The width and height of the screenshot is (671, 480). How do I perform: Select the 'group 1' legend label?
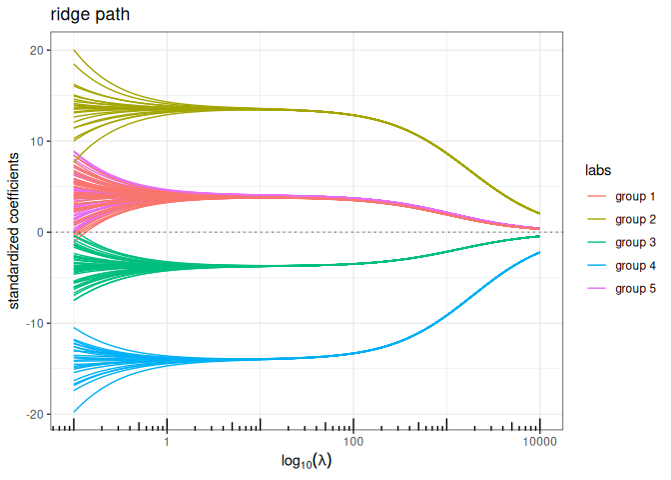635,194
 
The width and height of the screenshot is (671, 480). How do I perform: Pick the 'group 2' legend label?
635,218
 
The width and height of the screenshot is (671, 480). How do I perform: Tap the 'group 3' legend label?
635,242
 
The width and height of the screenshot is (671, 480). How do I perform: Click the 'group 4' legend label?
635,266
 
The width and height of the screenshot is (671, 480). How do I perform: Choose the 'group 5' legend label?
635,290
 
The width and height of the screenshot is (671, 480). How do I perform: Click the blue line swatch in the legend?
597,266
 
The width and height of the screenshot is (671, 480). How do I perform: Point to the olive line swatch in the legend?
597,218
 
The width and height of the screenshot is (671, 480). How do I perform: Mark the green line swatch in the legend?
597,242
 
